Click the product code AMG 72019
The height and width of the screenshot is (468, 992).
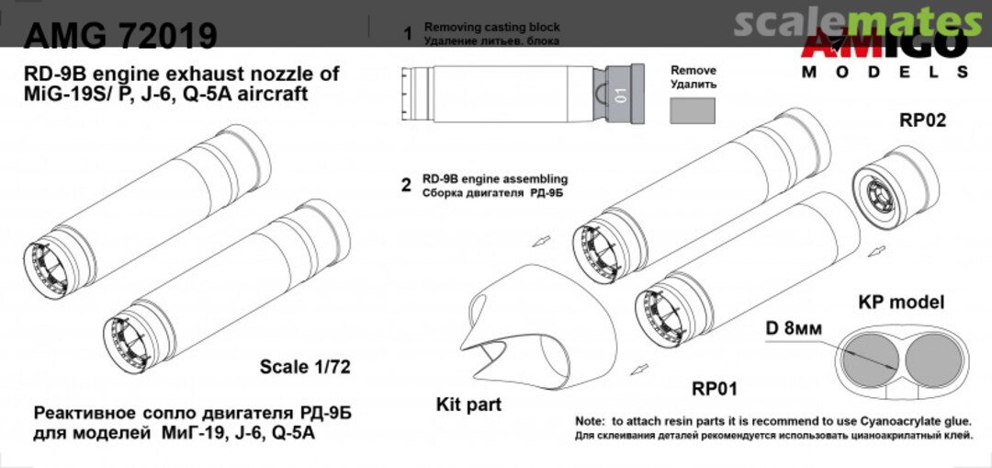coord(120,35)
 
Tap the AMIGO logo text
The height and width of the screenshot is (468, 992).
coord(884,42)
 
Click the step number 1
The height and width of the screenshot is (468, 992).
coord(407,34)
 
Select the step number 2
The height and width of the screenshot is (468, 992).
coord(406,185)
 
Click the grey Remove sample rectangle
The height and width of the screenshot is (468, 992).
coord(693,110)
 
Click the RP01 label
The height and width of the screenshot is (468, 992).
coord(716,387)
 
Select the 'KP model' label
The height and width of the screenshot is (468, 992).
coord(900,302)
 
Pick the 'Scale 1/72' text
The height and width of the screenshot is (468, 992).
coord(305,367)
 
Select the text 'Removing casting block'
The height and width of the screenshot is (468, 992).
coord(491,29)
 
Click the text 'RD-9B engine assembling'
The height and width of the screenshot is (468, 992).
coord(494,178)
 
